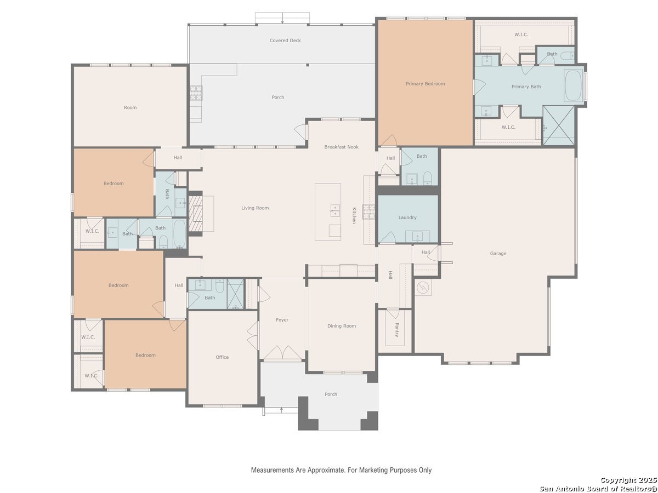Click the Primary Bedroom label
425,84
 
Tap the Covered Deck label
285,41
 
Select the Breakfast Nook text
341,147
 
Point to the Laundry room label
407,217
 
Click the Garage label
498,254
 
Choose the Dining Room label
342,326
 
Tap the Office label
222,357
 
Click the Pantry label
396,330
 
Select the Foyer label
282,320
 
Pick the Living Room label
255,208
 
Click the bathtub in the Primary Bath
573,85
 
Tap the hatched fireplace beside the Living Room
195,214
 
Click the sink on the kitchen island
335,210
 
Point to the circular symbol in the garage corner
423,288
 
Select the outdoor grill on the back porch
196,93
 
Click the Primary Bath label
526,87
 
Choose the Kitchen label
354,215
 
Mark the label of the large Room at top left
130,108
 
